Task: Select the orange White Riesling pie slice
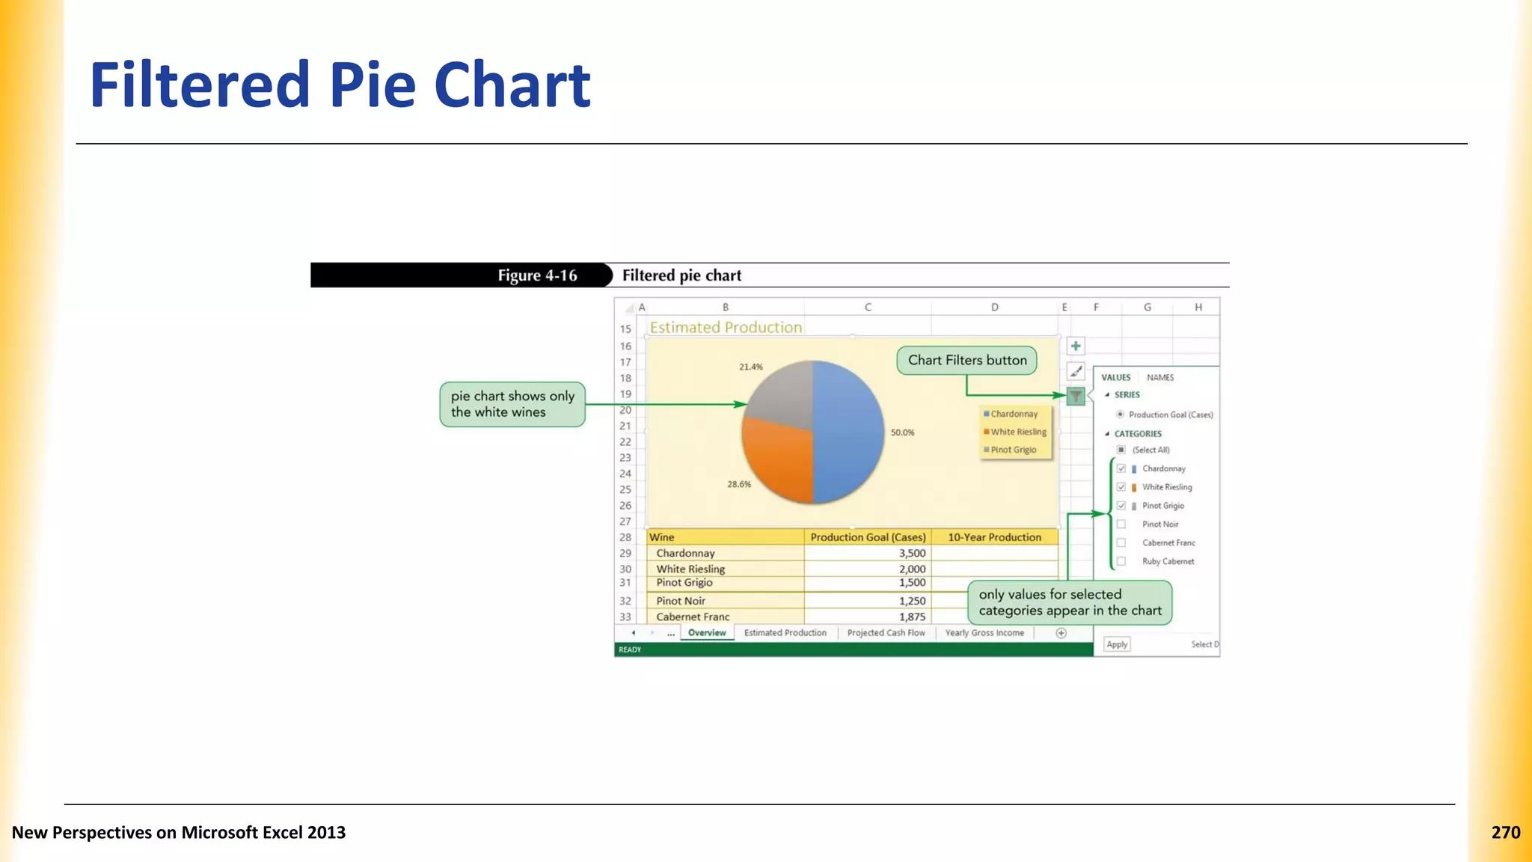pyautogui.click(x=778, y=464)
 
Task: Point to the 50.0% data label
pyautogui.click(x=902, y=432)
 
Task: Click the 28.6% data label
pyautogui.click(x=739, y=484)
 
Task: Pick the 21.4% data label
pyautogui.click(x=751, y=367)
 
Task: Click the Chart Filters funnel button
pyautogui.click(x=1075, y=396)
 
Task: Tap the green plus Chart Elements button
pyautogui.click(x=1075, y=346)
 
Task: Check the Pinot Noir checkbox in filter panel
pyautogui.click(x=1121, y=524)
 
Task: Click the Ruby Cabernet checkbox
pyautogui.click(x=1121, y=561)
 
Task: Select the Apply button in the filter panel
pyautogui.click(x=1117, y=644)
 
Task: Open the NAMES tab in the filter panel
pyautogui.click(x=1160, y=378)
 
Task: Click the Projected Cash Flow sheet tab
pyautogui.click(x=886, y=633)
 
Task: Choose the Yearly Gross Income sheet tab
pyautogui.click(x=984, y=633)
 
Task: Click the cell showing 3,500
pyautogui.click(x=912, y=554)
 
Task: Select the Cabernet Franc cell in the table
pyautogui.click(x=693, y=617)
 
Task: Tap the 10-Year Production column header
pyautogui.click(x=994, y=537)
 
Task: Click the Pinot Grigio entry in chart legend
pyautogui.click(x=1014, y=450)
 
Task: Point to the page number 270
pyautogui.click(x=1505, y=833)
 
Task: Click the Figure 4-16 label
pyautogui.click(x=537, y=275)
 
